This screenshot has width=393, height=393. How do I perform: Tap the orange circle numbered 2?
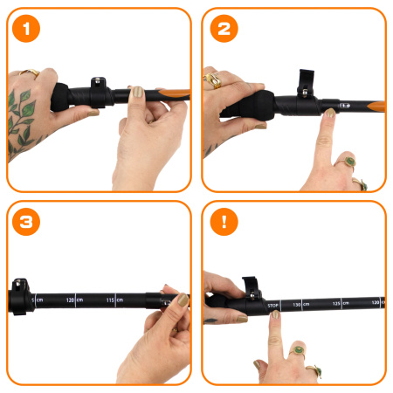[223, 29]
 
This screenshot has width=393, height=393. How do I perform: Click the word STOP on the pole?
[272, 306]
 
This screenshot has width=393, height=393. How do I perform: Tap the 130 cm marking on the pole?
[300, 305]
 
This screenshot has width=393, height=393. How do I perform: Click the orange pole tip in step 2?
[376, 105]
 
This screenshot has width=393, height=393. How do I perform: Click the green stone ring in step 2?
[349, 162]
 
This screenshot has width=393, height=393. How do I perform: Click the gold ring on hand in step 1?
[30, 74]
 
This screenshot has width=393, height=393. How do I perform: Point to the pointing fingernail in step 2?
[329, 114]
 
